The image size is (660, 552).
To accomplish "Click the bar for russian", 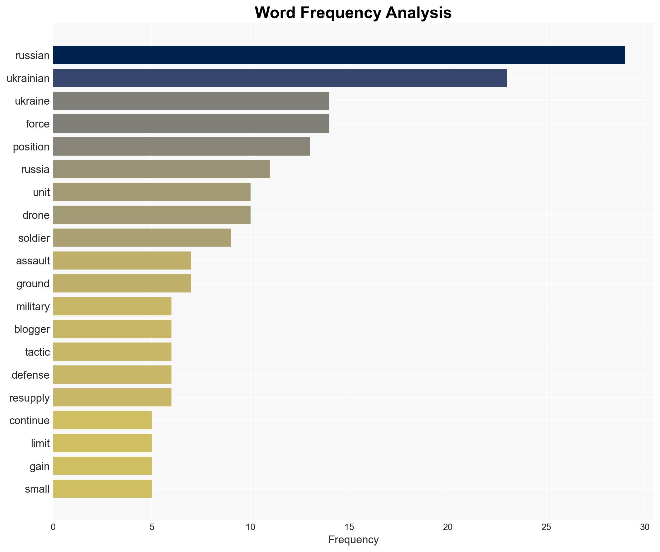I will coord(339,55).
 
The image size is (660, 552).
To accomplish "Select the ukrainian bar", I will coord(280,78).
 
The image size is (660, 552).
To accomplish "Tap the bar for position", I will coord(181,147).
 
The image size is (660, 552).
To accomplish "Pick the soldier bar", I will coord(142,238).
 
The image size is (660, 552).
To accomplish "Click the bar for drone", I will coord(152,215).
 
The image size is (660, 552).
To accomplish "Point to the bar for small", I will coord(102,489).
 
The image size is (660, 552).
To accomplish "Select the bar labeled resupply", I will coord(112,397).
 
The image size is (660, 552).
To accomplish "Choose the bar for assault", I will coord(122,261).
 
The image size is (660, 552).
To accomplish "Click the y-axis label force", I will coord(38,124).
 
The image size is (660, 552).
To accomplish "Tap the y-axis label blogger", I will coord(32,329).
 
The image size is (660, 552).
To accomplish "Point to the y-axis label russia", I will coord(35,169).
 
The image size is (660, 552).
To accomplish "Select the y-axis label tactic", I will coord(37,352).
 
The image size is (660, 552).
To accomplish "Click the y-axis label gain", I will coord(39,466).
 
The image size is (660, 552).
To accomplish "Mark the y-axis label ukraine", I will coord(32,101).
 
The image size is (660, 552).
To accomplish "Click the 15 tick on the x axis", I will coord(349,527).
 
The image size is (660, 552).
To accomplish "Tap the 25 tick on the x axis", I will coord(546,527).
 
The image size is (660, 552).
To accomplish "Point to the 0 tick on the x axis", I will coord(53,527).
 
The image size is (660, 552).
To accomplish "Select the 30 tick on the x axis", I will coord(645,527).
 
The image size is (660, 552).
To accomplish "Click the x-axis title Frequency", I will coord(353,540).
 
